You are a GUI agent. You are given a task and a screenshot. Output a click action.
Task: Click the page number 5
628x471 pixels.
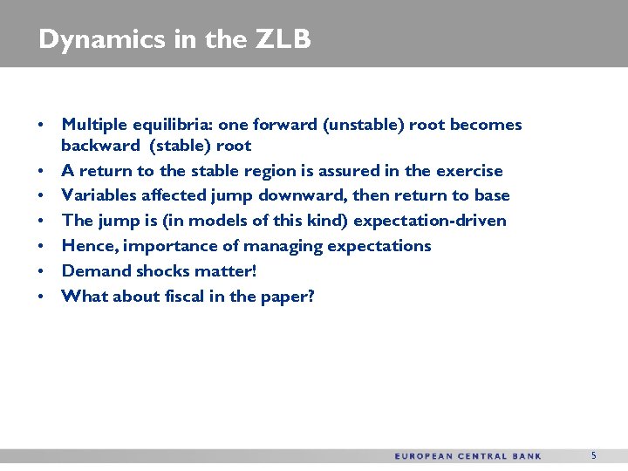pyautogui.click(x=594, y=455)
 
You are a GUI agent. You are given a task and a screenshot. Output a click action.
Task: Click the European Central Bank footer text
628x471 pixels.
pyautogui.click(x=468, y=456)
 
